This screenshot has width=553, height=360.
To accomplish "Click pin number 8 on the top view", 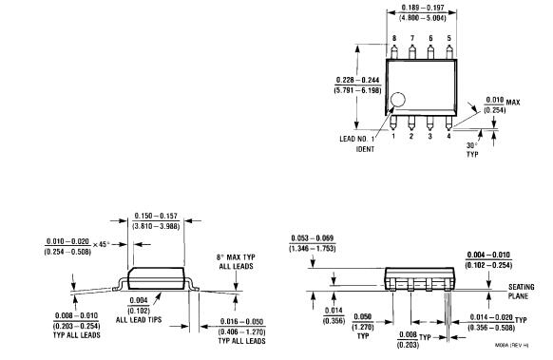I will (393, 37).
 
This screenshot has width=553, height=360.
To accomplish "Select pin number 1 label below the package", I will (393, 136).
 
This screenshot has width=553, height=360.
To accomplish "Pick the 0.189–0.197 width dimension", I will (420, 14).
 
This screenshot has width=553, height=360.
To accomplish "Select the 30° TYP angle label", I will (474, 149).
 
